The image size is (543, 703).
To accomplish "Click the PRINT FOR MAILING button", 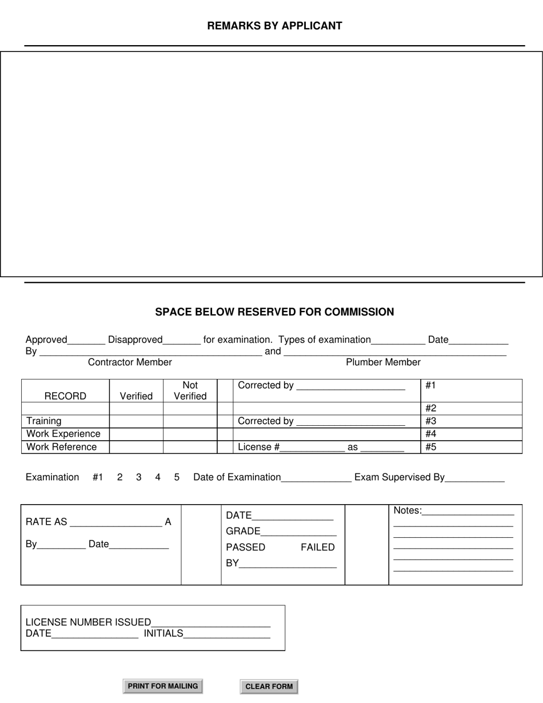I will click(x=163, y=686).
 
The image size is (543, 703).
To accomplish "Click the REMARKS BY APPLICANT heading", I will click(x=274, y=26).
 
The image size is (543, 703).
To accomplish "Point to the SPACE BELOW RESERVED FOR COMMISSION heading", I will click(x=274, y=312).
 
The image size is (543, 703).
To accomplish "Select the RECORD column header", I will click(x=65, y=396).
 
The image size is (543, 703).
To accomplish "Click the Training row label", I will click(x=44, y=421).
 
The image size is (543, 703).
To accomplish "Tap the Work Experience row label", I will click(x=63, y=434).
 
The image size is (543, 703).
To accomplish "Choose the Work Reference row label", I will click(x=62, y=447).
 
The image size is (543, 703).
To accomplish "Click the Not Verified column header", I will click(x=190, y=391).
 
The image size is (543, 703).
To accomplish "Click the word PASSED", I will click(x=246, y=548).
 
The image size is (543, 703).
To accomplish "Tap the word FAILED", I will click(x=318, y=548).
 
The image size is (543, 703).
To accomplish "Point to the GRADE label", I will click(x=243, y=532).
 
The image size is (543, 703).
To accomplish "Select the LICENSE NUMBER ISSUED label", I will click(x=89, y=622).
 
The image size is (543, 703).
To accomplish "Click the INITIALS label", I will click(x=163, y=633).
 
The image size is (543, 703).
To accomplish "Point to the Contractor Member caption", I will click(x=130, y=362).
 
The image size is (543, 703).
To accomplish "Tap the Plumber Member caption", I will click(x=383, y=362).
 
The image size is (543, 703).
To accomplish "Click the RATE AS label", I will click(x=46, y=522).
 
